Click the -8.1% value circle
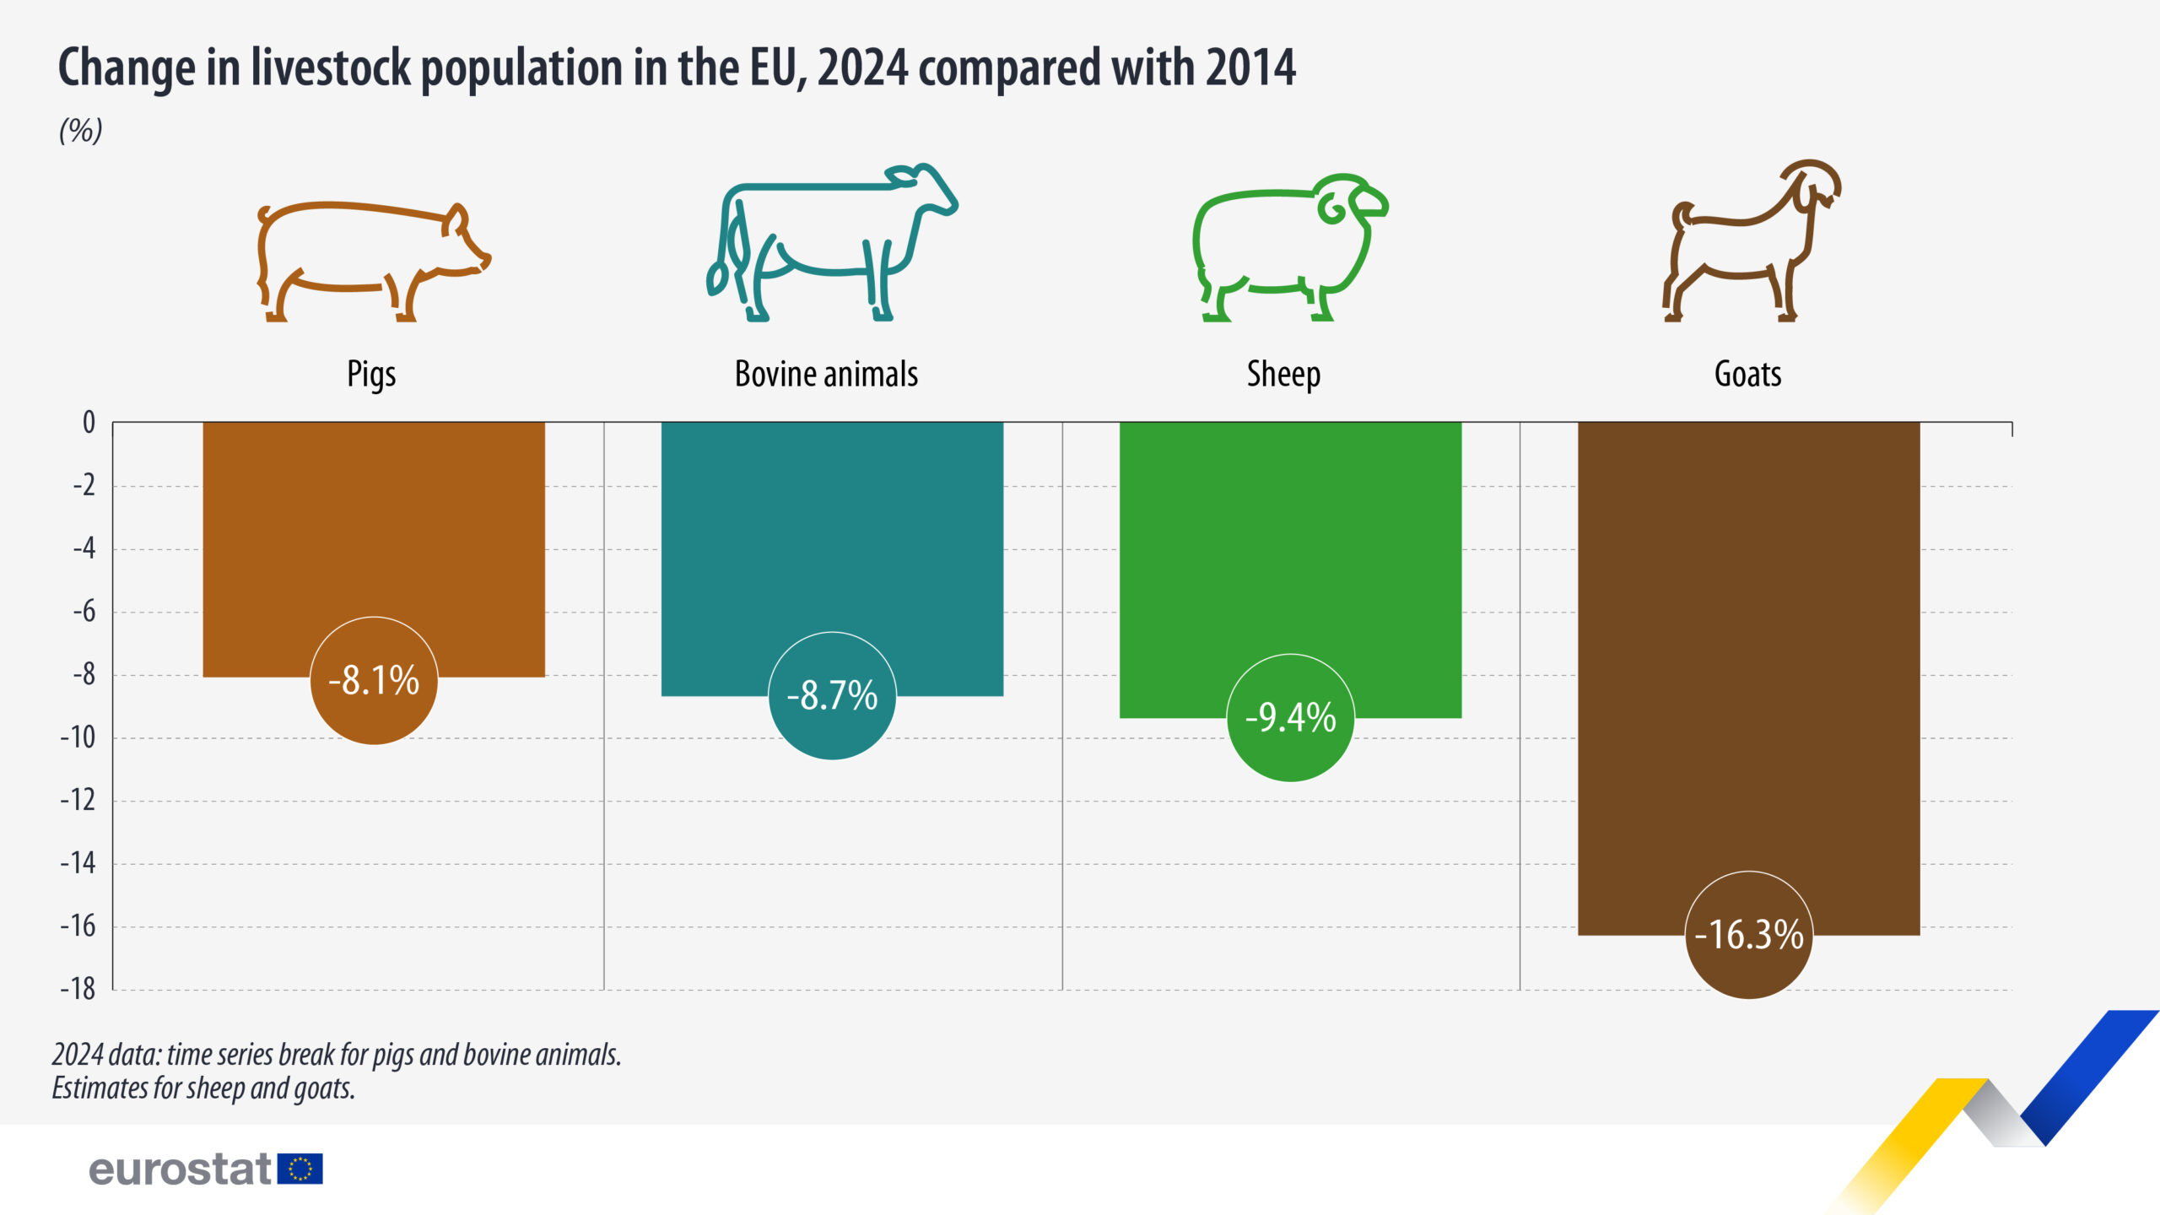[x=374, y=681]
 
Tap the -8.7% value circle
[x=832, y=696]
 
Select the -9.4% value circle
[x=1290, y=718]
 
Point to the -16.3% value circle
[x=1748, y=935]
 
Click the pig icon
[x=373, y=262]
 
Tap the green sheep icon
[x=1289, y=248]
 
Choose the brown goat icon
[x=1751, y=241]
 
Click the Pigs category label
[x=371, y=375]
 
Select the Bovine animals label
[x=826, y=374]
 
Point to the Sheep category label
[x=1283, y=375]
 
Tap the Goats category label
[x=1747, y=374]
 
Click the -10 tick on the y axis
[x=78, y=738]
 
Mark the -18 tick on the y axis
[x=78, y=989]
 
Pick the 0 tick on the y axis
[x=89, y=423]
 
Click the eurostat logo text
[x=180, y=1170]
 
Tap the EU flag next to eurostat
[x=300, y=1169]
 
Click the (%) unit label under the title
[x=81, y=131]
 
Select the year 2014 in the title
[x=1250, y=67]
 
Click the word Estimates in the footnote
[x=100, y=1088]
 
